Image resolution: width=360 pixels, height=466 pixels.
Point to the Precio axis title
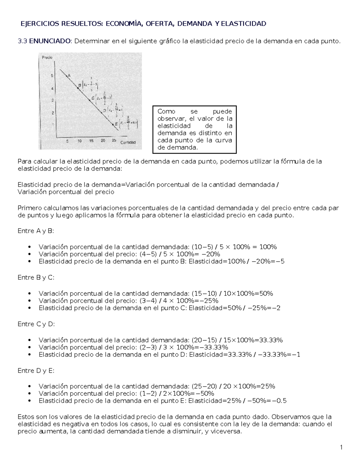point(47,57)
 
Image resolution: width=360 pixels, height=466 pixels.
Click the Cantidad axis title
point(128,142)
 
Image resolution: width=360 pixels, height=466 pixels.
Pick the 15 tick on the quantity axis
point(91,141)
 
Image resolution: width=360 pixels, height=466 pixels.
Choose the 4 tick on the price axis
point(52,89)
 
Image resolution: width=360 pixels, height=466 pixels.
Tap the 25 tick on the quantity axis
point(114,140)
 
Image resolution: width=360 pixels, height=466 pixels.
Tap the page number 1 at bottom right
point(341,448)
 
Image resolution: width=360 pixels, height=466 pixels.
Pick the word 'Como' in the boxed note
point(166,112)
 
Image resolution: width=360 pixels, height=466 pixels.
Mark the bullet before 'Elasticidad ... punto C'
point(29,308)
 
